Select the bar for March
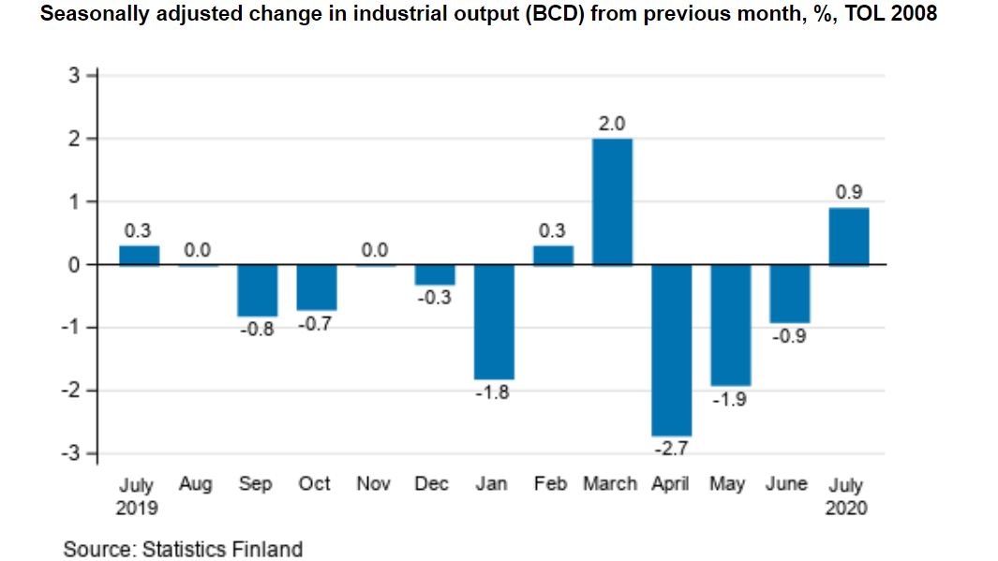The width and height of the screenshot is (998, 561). coord(612,201)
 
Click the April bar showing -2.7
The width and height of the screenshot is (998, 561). coord(671,348)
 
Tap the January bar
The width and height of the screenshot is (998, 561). coord(494,321)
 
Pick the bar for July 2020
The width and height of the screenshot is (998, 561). coord(848,236)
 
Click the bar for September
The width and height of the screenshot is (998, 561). coord(257,290)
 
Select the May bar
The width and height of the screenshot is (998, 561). coord(730,324)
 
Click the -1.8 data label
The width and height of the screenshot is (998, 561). coord(493,393)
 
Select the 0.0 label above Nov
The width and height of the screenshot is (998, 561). coord(375,250)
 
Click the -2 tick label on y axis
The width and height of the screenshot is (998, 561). coord(70,390)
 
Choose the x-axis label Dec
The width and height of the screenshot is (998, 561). coord(432,484)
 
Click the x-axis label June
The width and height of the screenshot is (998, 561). coord(786,484)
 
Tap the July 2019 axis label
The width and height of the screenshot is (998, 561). coord(138,496)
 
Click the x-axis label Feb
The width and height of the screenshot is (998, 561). coord(551,484)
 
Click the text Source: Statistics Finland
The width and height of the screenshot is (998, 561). coord(183,549)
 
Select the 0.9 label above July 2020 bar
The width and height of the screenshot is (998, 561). coord(848,193)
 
